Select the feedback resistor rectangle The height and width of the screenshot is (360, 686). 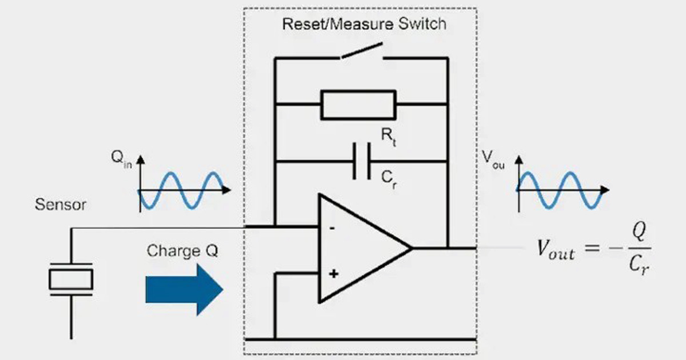[x=358, y=105]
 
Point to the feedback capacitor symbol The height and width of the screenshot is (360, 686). [x=361, y=162]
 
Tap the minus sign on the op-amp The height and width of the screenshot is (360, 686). [x=333, y=227]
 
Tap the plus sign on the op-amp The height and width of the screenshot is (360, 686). [x=333, y=274]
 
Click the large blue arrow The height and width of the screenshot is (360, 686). [x=184, y=290]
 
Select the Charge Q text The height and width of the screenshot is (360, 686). [x=182, y=251]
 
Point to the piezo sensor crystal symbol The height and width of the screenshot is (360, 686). [x=71, y=279]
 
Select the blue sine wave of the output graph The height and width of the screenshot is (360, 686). [x=559, y=190]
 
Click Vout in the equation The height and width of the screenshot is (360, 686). [x=555, y=250]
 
